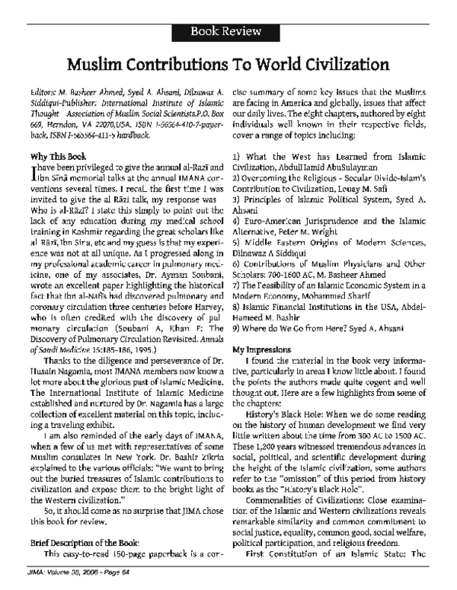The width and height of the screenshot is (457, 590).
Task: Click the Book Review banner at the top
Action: point(228,12)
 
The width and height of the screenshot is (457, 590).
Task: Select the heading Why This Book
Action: point(49,155)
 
